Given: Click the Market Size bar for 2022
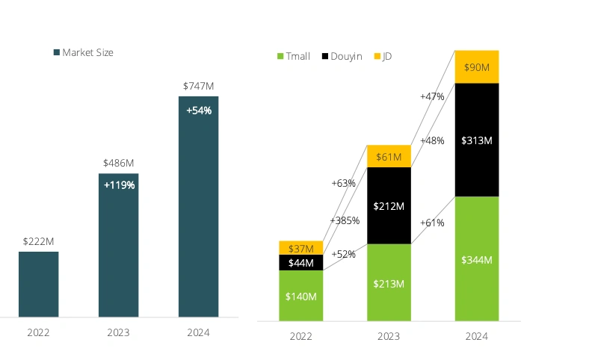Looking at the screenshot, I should click(38, 284).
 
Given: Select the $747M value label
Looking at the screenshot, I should click(198, 87).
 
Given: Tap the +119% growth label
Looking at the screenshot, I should click(119, 185).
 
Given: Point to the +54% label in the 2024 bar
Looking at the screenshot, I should click(199, 111).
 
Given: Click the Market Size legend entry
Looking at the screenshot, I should click(83, 52).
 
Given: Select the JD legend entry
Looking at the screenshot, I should click(383, 56).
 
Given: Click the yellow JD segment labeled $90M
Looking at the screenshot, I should click(477, 67).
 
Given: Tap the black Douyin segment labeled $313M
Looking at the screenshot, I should click(477, 140).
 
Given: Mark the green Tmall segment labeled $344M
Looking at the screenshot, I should click(477, 259).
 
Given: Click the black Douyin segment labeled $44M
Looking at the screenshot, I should click(300, 263).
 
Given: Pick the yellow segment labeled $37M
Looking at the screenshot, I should click(300, 248).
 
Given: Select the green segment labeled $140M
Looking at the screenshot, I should click(300, 296).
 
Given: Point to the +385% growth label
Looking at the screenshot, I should click(345, 220).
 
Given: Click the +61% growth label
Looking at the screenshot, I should click(433, 223).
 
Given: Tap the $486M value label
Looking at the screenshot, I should click(118, 163).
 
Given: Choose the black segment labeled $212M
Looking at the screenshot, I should click(389, 205).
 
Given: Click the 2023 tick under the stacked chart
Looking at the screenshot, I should click(389, 337).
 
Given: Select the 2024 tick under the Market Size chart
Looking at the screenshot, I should click(198, 332).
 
